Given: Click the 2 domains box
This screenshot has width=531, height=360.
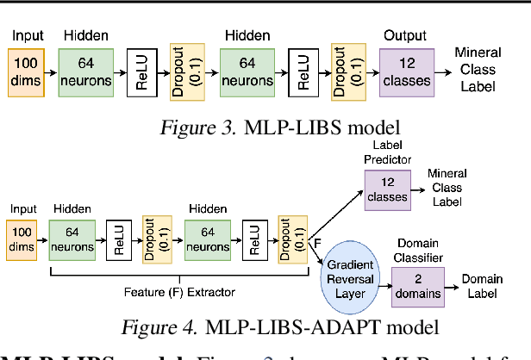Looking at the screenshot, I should pos(418,285).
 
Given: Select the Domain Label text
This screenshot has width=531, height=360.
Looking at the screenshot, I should pos(484,286).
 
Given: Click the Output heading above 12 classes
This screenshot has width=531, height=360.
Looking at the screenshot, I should pos(405,35).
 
